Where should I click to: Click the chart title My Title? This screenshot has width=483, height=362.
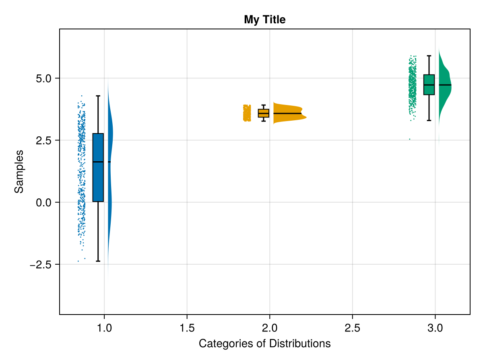point(264,19)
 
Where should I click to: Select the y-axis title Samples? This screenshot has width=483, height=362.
point(19,171)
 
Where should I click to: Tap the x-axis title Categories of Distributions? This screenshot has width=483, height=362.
point(264,343)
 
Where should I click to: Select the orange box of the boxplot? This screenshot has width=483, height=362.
point(264,113)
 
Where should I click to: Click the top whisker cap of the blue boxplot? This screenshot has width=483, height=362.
point(98,96)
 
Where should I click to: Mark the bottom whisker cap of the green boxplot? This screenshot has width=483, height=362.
point(429,120)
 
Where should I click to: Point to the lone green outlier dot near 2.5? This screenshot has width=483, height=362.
point(410,139)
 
